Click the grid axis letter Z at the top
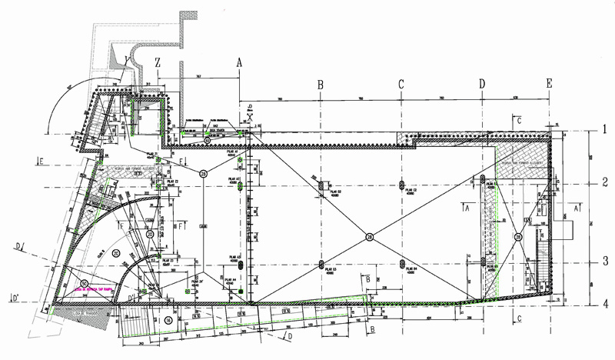[157, 60]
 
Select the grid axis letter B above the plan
[320, 85]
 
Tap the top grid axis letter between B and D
[401, 85]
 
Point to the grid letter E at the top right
[549, 83]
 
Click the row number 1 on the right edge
[606, 129]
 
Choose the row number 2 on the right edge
[606, 183]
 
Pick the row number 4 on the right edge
[606, 303]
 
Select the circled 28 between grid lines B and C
[370, 238]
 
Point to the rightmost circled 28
[518, 237]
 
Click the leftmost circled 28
[204, 174]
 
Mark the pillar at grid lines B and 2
[321, 186]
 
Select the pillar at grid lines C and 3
[402, 265]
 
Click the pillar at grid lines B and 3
[321, 265]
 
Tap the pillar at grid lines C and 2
[402, 185]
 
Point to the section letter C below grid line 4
[521, 318]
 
